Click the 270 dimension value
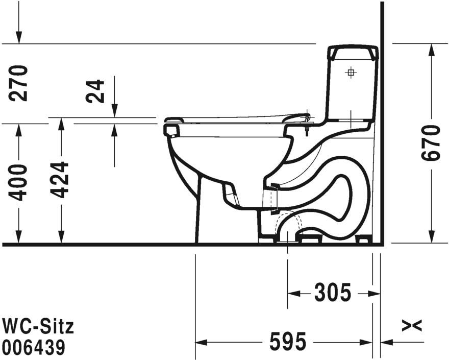[20, 83]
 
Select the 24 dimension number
[95, 91]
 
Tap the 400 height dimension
[20, 182]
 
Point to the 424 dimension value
[61, 180]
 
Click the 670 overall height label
[432, 142]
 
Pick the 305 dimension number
[333, 293]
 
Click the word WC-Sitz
[38, 326]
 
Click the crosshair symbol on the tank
[351, 72]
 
